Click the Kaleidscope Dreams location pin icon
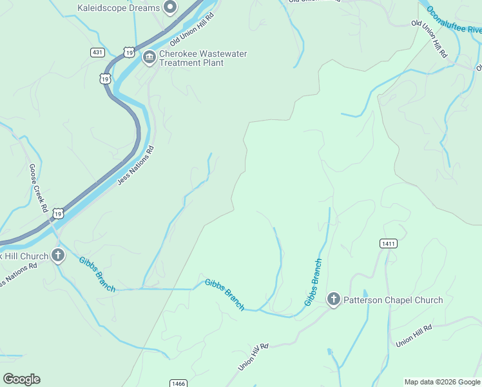click(171, 8)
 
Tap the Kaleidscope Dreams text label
click(118, 8)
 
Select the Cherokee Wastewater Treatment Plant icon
click(149, 58)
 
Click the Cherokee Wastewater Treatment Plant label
click(203, 58)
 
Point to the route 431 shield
click(98, 52)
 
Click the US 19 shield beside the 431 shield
click(130, 51)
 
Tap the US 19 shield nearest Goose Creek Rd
click(58, 213)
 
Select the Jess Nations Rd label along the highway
click(136, 166)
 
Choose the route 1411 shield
click(388, 243)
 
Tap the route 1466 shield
click(179, 383)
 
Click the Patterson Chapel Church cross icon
click(333, 299)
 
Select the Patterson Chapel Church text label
click(392, 300)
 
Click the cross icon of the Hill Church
click(58, 255)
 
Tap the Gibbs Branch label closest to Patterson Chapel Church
click(313, 282)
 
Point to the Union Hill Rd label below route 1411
click(414, 336)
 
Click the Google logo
click(21, 379)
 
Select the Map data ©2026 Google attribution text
click(442, 382)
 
